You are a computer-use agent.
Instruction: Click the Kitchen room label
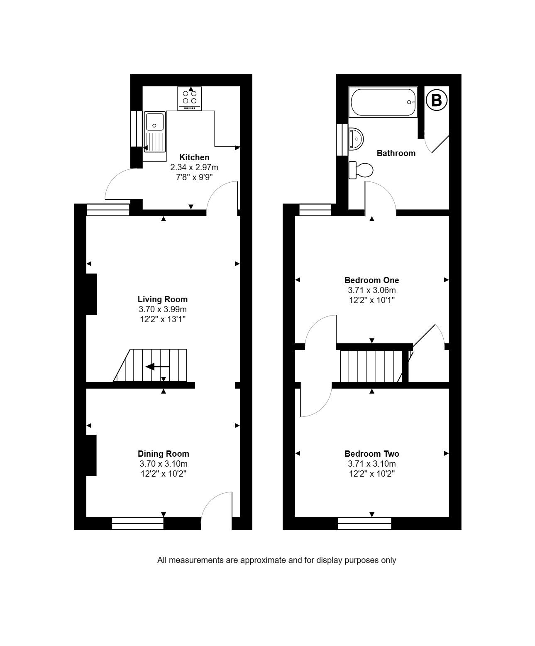(194, 157)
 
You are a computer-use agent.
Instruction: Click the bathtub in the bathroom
(383, 102)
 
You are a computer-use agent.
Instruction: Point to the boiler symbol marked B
(436, 100)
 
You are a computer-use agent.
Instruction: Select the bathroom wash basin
(356, 138)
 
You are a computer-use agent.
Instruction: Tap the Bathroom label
(396, 153)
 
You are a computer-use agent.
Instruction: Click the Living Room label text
(162, 299)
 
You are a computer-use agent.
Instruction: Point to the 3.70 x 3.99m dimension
(162, 309)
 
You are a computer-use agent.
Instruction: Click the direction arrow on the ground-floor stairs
(157, 367)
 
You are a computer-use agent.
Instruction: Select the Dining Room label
(163, 454)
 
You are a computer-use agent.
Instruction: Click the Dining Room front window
(138, 524)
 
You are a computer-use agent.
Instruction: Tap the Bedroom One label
(371, 280)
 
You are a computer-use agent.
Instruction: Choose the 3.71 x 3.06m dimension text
(371, 290)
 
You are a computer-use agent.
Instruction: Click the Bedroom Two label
(371, 454)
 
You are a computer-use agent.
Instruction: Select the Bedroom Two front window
(364, 524)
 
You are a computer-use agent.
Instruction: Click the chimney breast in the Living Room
(91, 294)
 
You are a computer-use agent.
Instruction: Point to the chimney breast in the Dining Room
(91, 455)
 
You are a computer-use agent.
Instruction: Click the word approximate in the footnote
(264, 560)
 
